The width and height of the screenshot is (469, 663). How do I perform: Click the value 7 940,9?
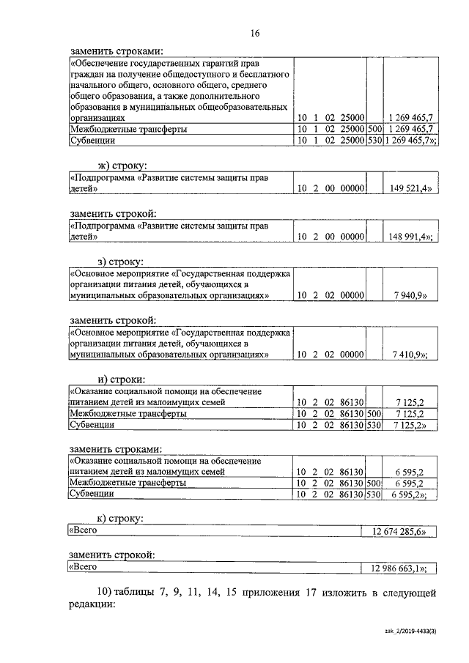click(x=413, y=295)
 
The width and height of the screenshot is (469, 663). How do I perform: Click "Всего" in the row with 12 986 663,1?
click(x=83, y=567)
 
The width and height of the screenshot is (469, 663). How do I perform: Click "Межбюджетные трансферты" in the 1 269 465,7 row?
click(x=128, y=129)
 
